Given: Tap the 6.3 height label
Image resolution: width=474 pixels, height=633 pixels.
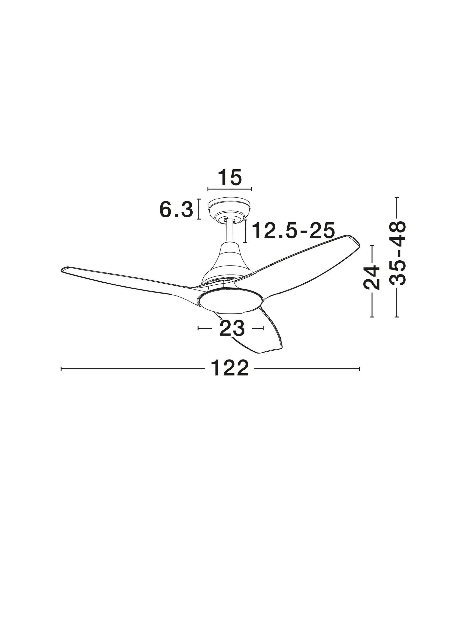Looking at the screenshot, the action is coord(176,209).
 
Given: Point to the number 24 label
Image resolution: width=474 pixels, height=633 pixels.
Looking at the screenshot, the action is coord(372,278).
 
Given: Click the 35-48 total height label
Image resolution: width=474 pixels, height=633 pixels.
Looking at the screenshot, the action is coord(397,253).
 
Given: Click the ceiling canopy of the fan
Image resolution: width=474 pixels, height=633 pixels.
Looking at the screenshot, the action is coord(229,210).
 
